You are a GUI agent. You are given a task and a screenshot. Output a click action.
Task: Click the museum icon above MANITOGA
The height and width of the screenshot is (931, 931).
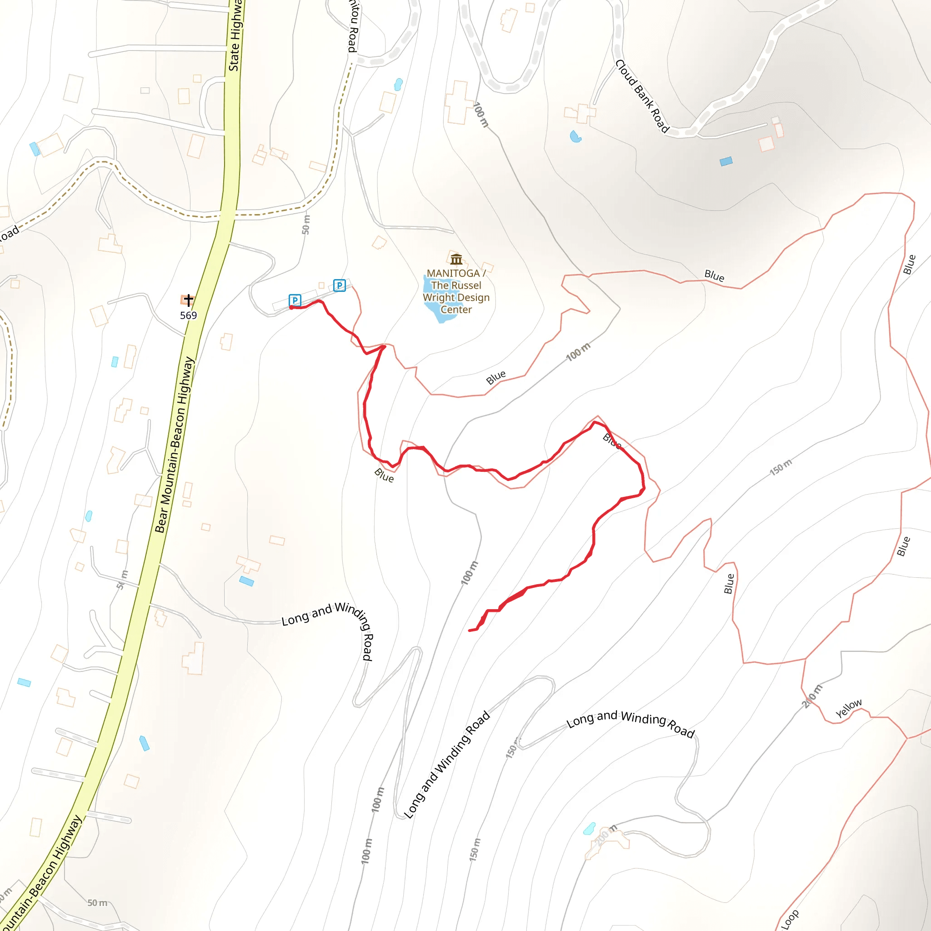(x=456, y=260)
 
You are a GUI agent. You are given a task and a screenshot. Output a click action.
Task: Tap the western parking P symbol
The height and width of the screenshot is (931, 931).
(x=295, y=300)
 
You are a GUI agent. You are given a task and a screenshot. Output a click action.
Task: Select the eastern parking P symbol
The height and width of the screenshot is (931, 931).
(x=339, y=285)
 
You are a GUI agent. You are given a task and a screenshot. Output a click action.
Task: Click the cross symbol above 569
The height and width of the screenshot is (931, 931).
(x=188, y=300)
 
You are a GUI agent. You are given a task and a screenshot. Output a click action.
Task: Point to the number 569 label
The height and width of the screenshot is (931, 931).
(x=188, y=315)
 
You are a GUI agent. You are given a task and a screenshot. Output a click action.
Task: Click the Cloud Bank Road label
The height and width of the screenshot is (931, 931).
(x=642, y=96)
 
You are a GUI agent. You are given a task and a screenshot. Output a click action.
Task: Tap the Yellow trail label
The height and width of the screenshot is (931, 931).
(x=849, y=708)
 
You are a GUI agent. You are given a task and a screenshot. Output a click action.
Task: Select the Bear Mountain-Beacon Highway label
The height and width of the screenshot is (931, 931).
(x=175, y=444)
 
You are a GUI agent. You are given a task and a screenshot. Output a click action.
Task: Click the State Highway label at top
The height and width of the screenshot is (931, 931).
(x=235, y=36)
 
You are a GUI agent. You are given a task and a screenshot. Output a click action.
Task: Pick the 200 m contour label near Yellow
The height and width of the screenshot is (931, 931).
(x=811, y=697)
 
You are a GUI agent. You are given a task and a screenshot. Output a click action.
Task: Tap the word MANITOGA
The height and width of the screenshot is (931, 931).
(x=453, y=273)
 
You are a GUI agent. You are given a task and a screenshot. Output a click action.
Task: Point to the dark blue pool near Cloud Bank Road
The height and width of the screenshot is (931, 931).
(x=726, y=161)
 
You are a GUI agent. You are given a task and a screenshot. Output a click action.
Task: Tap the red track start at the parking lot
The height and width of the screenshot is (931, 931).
(x=291, y=307)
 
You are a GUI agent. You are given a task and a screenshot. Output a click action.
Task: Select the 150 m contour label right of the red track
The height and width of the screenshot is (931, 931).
(x=781, y=467)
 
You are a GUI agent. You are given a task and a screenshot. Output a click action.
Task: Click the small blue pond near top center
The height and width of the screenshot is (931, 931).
(x=398, y=85)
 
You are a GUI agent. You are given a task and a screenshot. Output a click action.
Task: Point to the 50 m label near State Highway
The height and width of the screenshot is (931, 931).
(x=306, y=225)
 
